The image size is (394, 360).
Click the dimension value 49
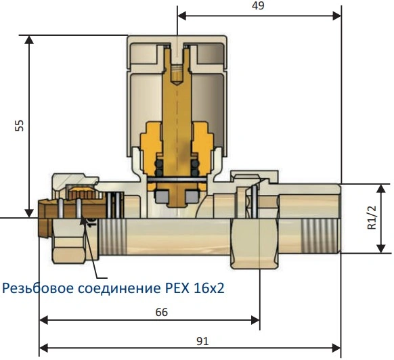pyautogui.click(x=258, y=5)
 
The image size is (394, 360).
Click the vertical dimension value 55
pyautogui.click(x=20, y=126)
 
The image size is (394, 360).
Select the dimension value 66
pyautogui.click(x=162, y=312)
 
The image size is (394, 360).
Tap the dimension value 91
pyautogui.click(x=202, y=341)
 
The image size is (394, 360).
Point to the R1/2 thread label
pyautogui.click(x=372, y=218)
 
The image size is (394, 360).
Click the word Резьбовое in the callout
pyautogui.click(x=38, y=288)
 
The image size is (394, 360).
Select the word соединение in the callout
pyautogui.click(x=119, y=289)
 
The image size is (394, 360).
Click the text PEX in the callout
pyautogui.click(x=177, y=288)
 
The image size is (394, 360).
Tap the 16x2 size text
pyautogui.click(x=209, y=288)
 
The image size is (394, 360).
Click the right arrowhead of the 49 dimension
pyautogui.click(x=337, y=16)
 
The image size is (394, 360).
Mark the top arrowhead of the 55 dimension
pyautogui.click(x=29, y=40)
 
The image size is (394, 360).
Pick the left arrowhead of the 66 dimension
pyautogui.click(x=44, y=320)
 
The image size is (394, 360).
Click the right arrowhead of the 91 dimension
pyautogui.click(x=336, y=348)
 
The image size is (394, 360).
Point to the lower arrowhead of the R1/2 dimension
pyautogui.click(x=381, y=249)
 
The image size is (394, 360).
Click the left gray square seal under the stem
pyautogui.click(x=162, y=196)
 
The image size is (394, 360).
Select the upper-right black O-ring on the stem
pyautogui.click(x=195, y=164)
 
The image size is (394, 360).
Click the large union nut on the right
pyautogui.click(x=255, y=243)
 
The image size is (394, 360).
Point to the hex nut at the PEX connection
pyautogui.click(x=69, y=241)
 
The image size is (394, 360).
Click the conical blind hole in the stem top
pyautogui.click(x=177, y=74)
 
